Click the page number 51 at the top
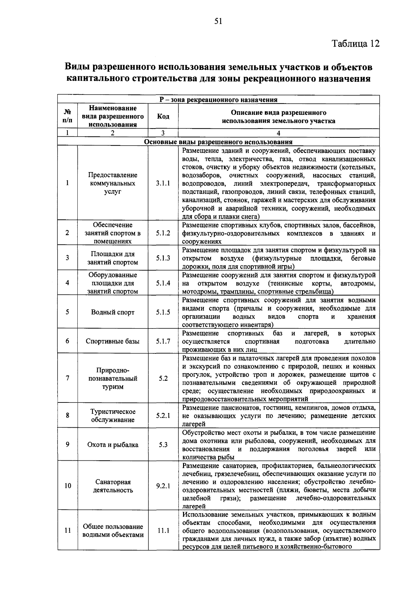click(x=218, y=21)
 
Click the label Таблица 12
click(x=355, y=44)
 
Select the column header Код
click(x=163, y=117)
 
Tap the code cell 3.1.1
click(x=163, y=183)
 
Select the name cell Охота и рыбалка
click(x=113, y=445)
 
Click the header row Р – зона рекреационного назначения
click(x=218, y=100)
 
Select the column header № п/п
click(x=67, y=117)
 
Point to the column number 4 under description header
click(x=278, y=134)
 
